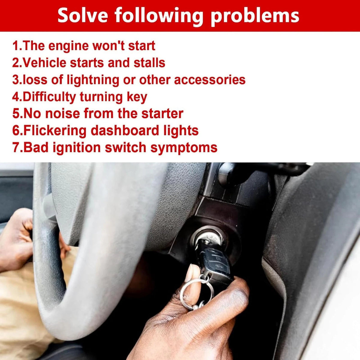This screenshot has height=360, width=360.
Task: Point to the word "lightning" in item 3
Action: [93, 80]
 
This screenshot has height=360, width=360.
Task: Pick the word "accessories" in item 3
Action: [210, 80]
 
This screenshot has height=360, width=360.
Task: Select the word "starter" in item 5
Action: [162, 114]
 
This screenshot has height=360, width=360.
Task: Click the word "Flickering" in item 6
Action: [55, 131]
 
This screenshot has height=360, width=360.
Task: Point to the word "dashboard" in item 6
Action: [124, 130]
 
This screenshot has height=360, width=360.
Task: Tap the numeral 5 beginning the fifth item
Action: [16, 114]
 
